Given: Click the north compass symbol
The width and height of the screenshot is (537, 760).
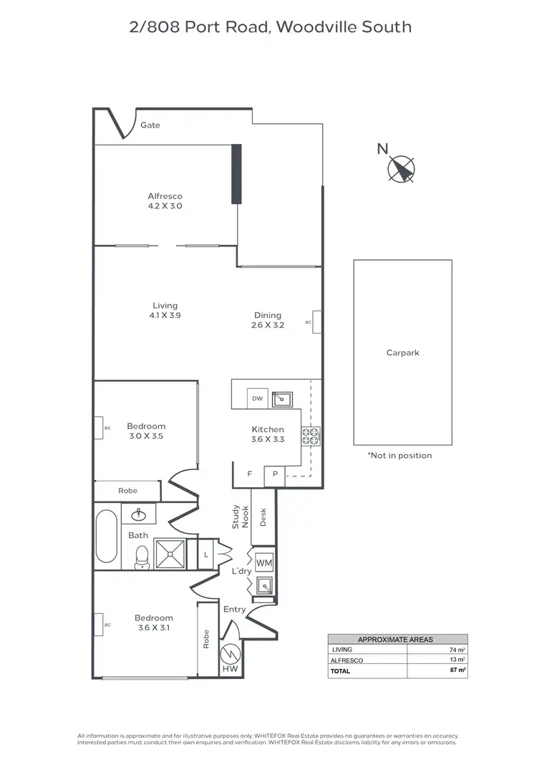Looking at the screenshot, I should click(x=401, y=168).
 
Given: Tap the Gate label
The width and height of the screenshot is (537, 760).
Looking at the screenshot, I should click(x=150, y=125).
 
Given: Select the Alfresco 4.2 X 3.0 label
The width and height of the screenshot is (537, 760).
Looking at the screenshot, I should click(x=165, y=201).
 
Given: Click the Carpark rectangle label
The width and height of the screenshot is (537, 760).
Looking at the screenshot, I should click(x=402, y=353).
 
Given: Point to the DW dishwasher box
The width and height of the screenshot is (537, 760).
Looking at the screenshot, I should click(x=256, y=398).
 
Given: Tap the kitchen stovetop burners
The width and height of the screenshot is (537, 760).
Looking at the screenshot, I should click(x=311, y=436).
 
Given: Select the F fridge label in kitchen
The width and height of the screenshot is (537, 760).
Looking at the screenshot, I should click(x=250, y=474).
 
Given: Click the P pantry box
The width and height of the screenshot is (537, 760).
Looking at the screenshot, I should click(x=274, y=474).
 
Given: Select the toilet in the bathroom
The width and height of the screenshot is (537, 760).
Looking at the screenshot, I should click(x=142, y=556).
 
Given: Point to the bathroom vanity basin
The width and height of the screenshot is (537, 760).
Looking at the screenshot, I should click(x=138, y=514).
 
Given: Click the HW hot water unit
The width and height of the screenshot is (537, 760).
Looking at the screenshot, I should click(x=230, y=655).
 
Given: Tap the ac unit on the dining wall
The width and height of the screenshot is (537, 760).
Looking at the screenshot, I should click(x=316, y=322).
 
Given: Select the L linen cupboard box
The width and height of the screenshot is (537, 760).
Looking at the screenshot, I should click(x=206, y=555).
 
